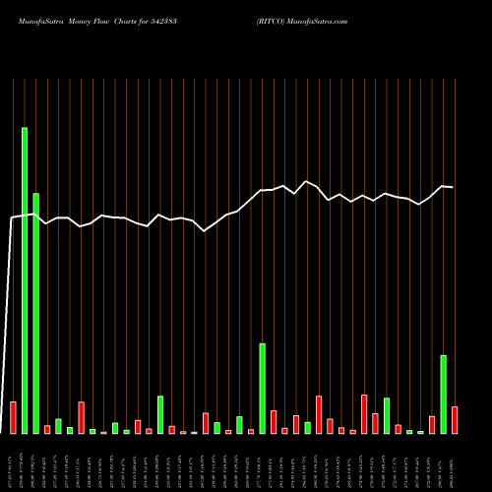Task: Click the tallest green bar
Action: click(x=25, y=280)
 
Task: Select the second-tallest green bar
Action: click(x=35, y=313)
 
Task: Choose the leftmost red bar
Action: click(x=13, y=417)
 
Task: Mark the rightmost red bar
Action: click(x=455, y=420)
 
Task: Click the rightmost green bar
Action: click(x=444, y=394)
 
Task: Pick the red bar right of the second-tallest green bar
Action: click(x=47, y=429)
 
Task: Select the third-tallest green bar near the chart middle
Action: click(x=263, y=388)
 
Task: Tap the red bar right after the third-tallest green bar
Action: click(x=274, y=422)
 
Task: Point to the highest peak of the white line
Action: click(x=307, y=181)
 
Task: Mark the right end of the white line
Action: click(x=454, y=187)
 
